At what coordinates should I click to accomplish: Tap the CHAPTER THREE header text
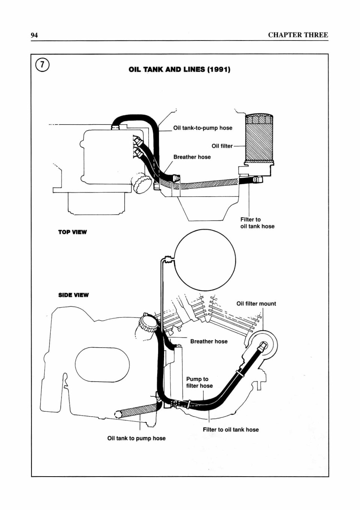tap(298, 35)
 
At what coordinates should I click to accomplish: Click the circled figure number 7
tap(42, 65)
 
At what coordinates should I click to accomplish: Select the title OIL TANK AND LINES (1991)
tap(179, 69)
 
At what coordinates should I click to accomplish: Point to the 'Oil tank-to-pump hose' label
tap(203, 128)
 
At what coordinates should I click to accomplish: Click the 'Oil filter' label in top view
tap(222, 146)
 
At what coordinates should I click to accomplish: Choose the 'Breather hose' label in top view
tap(192, 157)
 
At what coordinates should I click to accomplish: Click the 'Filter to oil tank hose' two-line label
tap(257, 223)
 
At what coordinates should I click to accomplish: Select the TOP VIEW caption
tap(72, 232)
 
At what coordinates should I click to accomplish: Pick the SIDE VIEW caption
tap(73, 295)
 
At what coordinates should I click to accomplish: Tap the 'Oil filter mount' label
tap(256, 304)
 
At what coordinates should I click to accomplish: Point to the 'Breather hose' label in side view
tap(209, 341)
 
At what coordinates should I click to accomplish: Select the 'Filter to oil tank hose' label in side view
tap(230, 430)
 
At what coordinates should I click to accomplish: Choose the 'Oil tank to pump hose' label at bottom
tap(136, 438)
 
